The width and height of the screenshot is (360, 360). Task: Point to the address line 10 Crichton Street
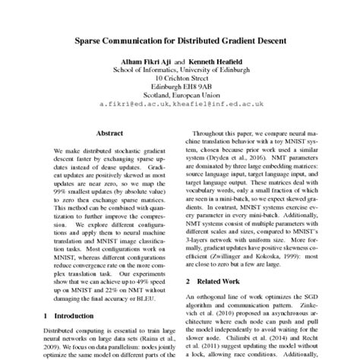pyautogui.click(x=179, y=77)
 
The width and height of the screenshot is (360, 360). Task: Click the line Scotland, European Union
pyautogui.click(x=179, y=96)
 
